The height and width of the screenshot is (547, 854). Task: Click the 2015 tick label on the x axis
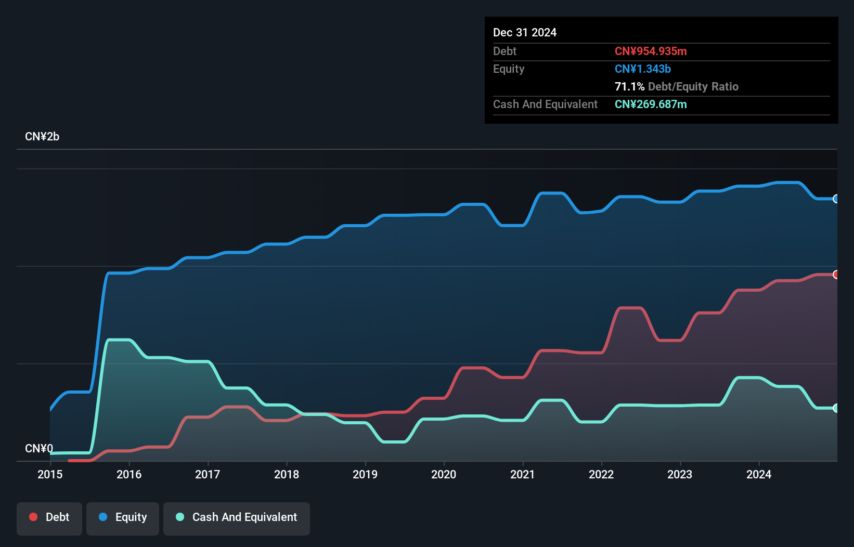pos(50,474)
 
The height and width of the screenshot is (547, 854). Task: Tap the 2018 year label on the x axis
pos(287,474)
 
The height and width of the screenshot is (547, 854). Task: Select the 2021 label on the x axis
pos(522,474)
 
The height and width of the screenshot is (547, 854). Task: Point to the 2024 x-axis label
pos(759,474)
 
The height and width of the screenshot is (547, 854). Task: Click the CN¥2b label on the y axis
pos(42,137)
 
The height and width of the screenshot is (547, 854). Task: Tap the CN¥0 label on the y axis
pos(39,448)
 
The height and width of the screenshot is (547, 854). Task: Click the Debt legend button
pos(49,517)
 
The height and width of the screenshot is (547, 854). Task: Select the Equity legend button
pos(123,517)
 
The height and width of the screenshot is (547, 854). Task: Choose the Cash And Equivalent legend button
pos(237,517)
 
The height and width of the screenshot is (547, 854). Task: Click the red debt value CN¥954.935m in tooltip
pos(651,51)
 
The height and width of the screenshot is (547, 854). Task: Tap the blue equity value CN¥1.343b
pos(642,69)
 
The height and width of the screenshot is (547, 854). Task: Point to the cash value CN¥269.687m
pos(651,104)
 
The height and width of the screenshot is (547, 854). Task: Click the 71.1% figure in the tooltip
pos(629,86)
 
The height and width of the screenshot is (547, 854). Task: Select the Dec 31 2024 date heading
pos(525,32)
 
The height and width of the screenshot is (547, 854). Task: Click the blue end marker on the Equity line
pos(836,199)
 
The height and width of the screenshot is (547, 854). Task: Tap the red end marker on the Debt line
pos(836,275)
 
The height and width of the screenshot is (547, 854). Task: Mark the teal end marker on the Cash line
pos(836,408)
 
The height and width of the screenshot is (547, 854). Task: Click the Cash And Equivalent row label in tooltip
pos(545,104)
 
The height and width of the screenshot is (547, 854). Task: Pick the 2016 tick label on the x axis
pos(129,474)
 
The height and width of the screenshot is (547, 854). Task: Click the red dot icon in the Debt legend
pos(33,517)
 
